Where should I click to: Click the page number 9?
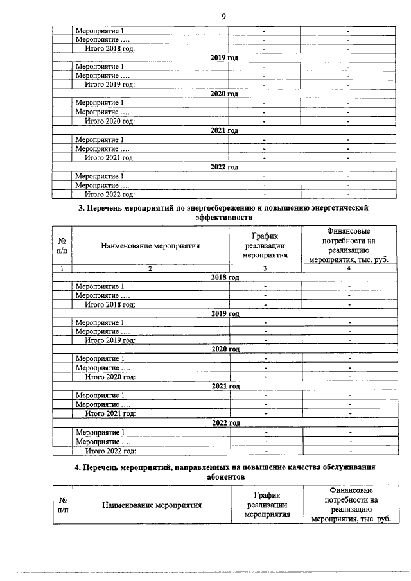(223, 15)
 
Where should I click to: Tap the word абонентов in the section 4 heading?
(225, 478)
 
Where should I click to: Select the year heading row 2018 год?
(225, 277)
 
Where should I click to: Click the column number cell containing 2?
(150, 268)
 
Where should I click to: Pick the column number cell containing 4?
(348, 268)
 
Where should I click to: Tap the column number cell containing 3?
(264, 268)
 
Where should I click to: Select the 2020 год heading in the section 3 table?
(225, 349)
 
